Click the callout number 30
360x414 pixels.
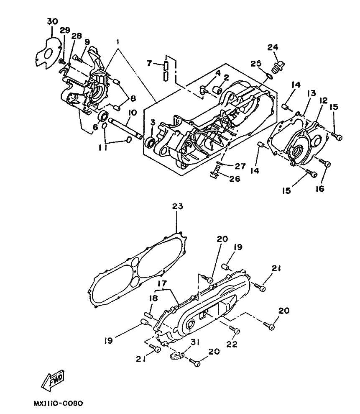pyautogui.click(x=53, y=21)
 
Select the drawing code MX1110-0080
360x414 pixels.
pyautogui.click(x=58, y=404)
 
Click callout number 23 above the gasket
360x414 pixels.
pyautogui.click(x=178, y=206)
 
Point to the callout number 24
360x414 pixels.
pyautogui.click(x=273, y=47)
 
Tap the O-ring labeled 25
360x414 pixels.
pyautogui.click(x=268, y=76)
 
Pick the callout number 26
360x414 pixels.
pyautogui.click(x=235, y=179)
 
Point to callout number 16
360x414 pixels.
pyautogui.click(x=319, y=189)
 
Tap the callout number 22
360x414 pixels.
pyautogui.click(x=232, y=344)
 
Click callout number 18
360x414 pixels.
pyautogui.click(x=153, y=298)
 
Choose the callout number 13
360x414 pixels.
pyautogui.click(x=311, y=93)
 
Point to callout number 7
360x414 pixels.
pyautogui.click(x=149, y=63)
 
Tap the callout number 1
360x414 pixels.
pyautogui.click(x=117, y=42)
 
